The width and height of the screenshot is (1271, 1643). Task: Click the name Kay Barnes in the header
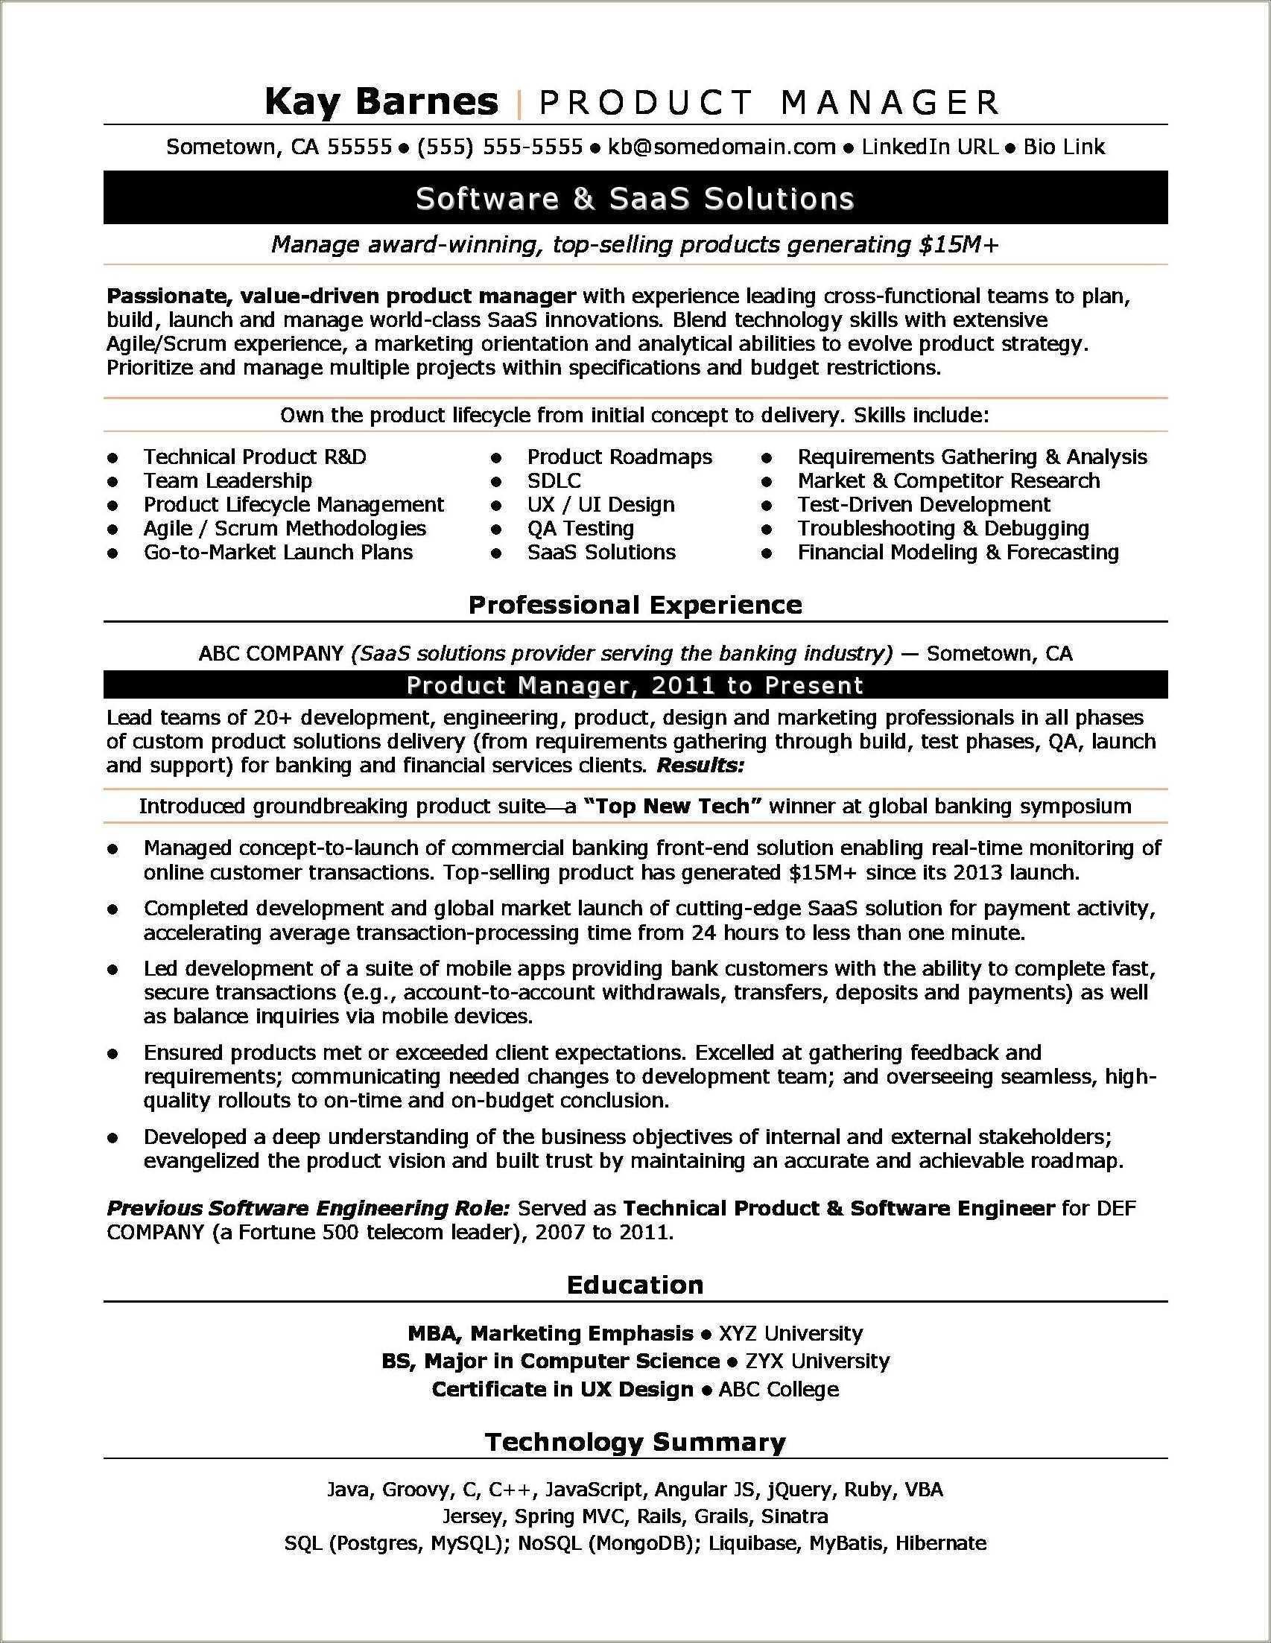click(381, 102)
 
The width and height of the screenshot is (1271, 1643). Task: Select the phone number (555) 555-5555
click(500, 147)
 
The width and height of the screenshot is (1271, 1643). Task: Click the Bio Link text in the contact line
click(1063, 147)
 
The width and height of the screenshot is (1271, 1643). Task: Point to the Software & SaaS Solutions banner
click(635, 199)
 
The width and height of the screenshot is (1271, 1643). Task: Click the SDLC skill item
click(554, 480)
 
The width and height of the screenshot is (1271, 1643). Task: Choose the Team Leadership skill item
click(227, 480)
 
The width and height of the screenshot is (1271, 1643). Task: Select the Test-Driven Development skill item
click(923, 505)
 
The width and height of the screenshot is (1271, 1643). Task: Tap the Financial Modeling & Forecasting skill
click(957, 552)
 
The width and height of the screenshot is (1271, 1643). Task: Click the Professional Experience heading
click(635, 605)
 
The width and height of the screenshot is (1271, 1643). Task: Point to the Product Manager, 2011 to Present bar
click(635, 685)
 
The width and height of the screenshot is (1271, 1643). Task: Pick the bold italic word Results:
click(700, 766)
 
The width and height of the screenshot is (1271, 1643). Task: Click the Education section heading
click(635, 1285)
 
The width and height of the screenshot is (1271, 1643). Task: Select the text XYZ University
click(790, 1334)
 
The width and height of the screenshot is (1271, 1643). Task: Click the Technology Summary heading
click(635, 1442)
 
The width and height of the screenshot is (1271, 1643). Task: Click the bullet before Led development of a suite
click(113, 970)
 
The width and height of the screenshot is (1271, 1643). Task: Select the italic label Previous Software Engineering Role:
click(308, 1209)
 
